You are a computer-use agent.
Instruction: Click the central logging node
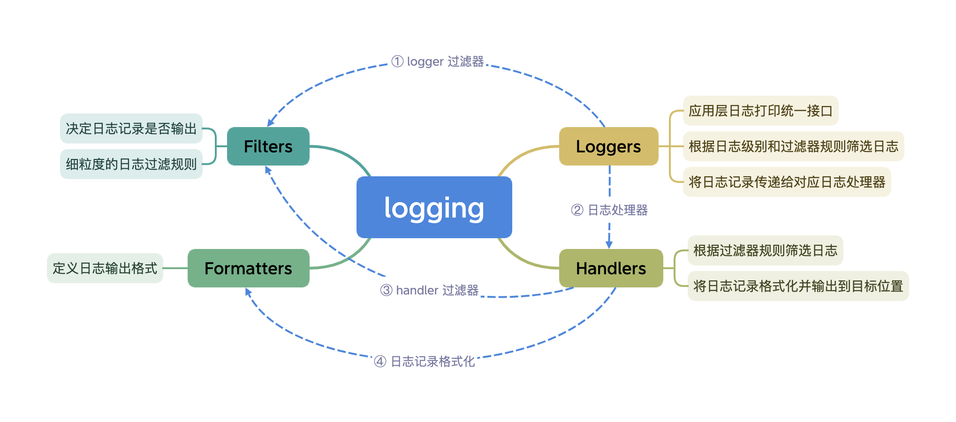click(x=434, y=207)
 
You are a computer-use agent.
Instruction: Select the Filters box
click(x=268, y=146)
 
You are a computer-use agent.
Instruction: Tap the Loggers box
click(x=608, y=146)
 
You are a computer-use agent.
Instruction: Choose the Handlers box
click(x=611, y=268)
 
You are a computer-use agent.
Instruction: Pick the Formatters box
click(x=248, y=268)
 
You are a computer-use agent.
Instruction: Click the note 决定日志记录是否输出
click(x=131, y=128)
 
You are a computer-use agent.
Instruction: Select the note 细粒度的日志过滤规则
click(x=131, y=164)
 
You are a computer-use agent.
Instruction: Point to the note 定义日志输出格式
click(x=105, y=268)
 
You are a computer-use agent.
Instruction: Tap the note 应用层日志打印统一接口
click(x=760, y=111)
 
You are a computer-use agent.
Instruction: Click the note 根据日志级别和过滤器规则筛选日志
click(x=793, y=146)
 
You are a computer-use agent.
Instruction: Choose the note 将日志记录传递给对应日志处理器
click(x=787, y=182)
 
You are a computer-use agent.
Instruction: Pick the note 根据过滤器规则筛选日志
click(x=765, y=250)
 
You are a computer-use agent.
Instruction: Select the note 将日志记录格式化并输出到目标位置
click(x=798, y=286)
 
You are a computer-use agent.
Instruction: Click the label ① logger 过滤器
click(x=437, y=61)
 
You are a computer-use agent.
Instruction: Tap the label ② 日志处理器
click(x=609, y=210)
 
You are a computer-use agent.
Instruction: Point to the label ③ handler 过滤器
click(x=429, y=290)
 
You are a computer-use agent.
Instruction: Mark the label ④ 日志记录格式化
click(x=424, y=362)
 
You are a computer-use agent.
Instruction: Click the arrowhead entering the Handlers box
click(x=609, y=245)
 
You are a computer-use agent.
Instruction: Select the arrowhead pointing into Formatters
click(x=248, y=292)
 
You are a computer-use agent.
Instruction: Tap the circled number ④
click(x=380, y=362)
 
